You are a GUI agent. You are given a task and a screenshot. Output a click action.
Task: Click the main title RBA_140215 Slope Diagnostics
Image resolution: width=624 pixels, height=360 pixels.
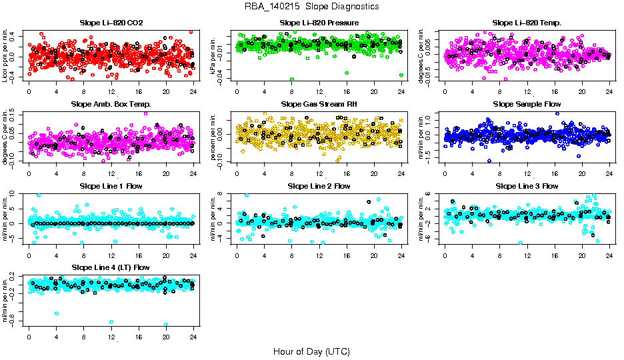click(x=311, y=6)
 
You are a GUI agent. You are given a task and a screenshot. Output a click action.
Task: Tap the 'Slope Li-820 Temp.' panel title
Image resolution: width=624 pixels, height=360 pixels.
click(x=526, y=23)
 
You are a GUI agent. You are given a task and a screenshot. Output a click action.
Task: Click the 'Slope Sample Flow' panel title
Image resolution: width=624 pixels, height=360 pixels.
click(x=526, y=105)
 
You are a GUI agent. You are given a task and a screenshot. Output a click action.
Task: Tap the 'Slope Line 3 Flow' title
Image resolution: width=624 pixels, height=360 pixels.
click(x=526, y=186)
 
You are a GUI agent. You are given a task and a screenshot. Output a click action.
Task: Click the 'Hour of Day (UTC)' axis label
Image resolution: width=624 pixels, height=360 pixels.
click(x=311, y=351)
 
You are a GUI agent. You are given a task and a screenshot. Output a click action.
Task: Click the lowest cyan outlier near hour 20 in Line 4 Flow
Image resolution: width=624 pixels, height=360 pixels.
click(x=165, y=325)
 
